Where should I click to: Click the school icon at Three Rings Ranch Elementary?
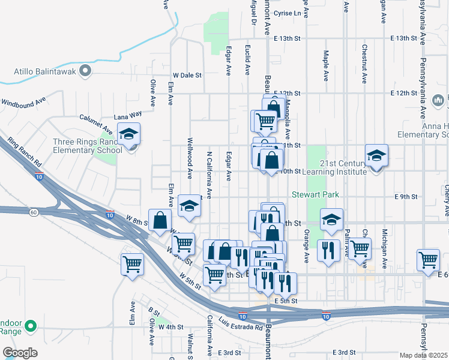128,136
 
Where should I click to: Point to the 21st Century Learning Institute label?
343,167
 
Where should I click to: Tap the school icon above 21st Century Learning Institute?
376,156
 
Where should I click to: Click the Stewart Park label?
316,194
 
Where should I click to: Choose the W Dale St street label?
188,76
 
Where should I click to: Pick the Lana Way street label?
128,113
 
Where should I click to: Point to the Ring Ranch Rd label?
25,154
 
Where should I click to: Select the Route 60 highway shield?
34,212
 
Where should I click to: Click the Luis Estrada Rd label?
240,323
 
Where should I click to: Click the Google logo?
19,352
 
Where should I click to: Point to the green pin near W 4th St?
31,326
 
